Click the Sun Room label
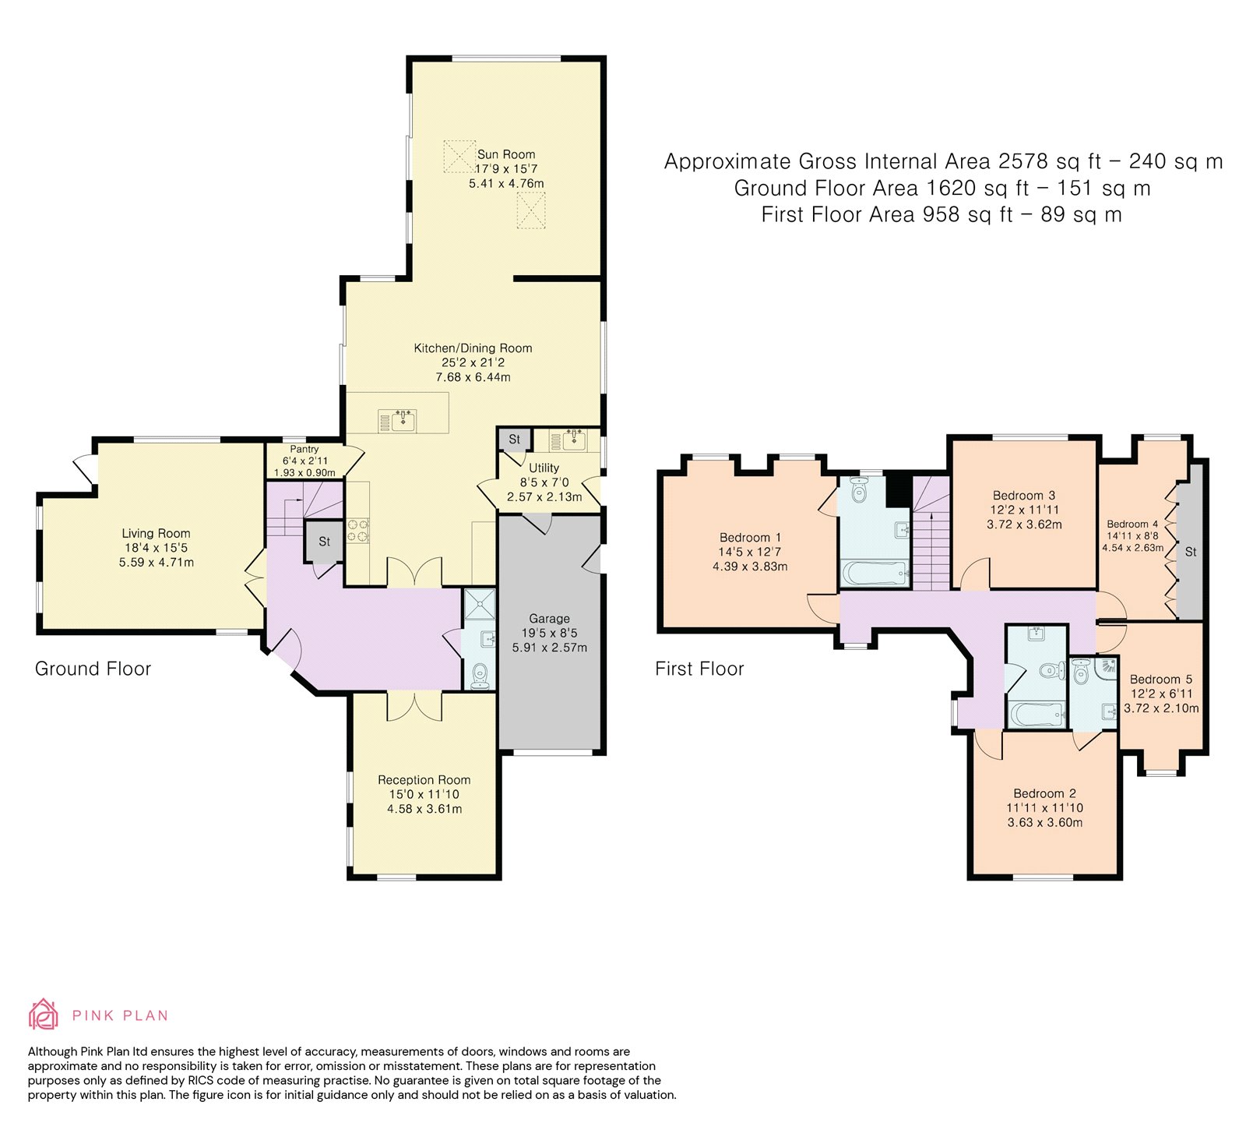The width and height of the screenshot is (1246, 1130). coord(506,154)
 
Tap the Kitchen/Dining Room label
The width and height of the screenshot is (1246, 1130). coord(473,348)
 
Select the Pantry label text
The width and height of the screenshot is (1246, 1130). coord(304,450)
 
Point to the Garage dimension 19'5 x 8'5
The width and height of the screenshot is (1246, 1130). coord(550,633)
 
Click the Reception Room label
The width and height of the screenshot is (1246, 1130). coord(424,780)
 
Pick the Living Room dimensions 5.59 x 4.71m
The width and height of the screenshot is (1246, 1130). coord(157,562)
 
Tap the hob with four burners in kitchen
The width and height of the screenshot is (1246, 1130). coord(358,530)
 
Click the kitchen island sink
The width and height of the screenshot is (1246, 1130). coord(403,420)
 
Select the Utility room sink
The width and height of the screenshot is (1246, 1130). coord(574,440)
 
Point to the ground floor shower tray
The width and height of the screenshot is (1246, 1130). coord(479,605)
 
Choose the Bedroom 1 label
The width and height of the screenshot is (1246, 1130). coord(750,538)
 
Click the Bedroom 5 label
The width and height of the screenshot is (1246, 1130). coord(1161,680)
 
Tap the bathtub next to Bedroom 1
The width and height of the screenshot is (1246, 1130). coord(875,574)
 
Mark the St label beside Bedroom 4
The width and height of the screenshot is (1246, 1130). coord(1191,552)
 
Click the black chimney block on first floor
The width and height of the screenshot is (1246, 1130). coord(899,491)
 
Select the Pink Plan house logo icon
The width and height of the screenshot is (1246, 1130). coord(44,1014)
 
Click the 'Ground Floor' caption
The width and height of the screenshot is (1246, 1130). coord(93,669)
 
